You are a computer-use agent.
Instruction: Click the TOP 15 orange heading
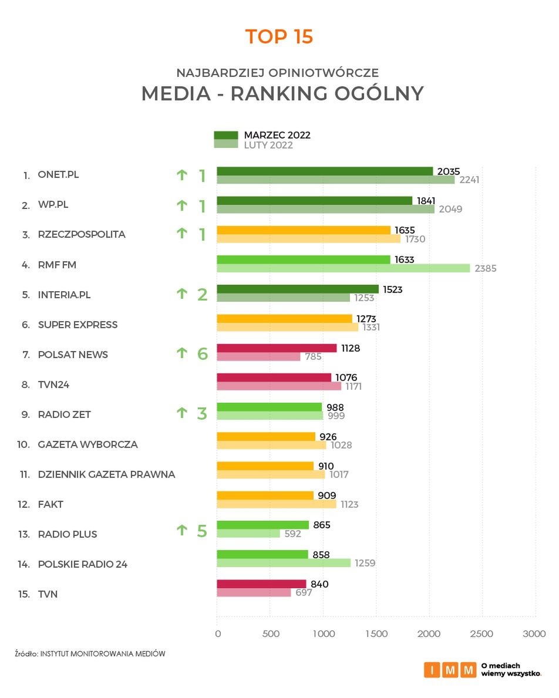[279, 36]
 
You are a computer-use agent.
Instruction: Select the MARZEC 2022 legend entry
[277, 135]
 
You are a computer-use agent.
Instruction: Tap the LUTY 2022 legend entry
[268, 145]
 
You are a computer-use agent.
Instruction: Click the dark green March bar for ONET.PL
[324, 171]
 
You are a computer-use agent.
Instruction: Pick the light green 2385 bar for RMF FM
[344, 268]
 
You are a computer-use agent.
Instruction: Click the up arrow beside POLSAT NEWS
[182, 353]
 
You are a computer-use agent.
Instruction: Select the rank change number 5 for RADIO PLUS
[202, 532]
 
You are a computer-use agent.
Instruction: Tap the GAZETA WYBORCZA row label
[87, 444]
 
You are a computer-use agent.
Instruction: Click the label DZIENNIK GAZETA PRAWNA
[106, 474]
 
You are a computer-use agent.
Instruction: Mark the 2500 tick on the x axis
[481, 634]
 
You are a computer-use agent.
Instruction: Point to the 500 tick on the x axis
[270, 634]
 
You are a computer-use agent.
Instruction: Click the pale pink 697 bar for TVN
[254, 593]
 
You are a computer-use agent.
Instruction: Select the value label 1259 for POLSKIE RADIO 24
[363, 564]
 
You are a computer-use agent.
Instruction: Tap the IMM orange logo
[450, 670]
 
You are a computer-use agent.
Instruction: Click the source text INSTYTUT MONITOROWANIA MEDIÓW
[102, 653]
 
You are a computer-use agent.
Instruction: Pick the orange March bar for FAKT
[265, 495]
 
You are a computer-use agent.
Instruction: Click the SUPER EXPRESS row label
[78, 325]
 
